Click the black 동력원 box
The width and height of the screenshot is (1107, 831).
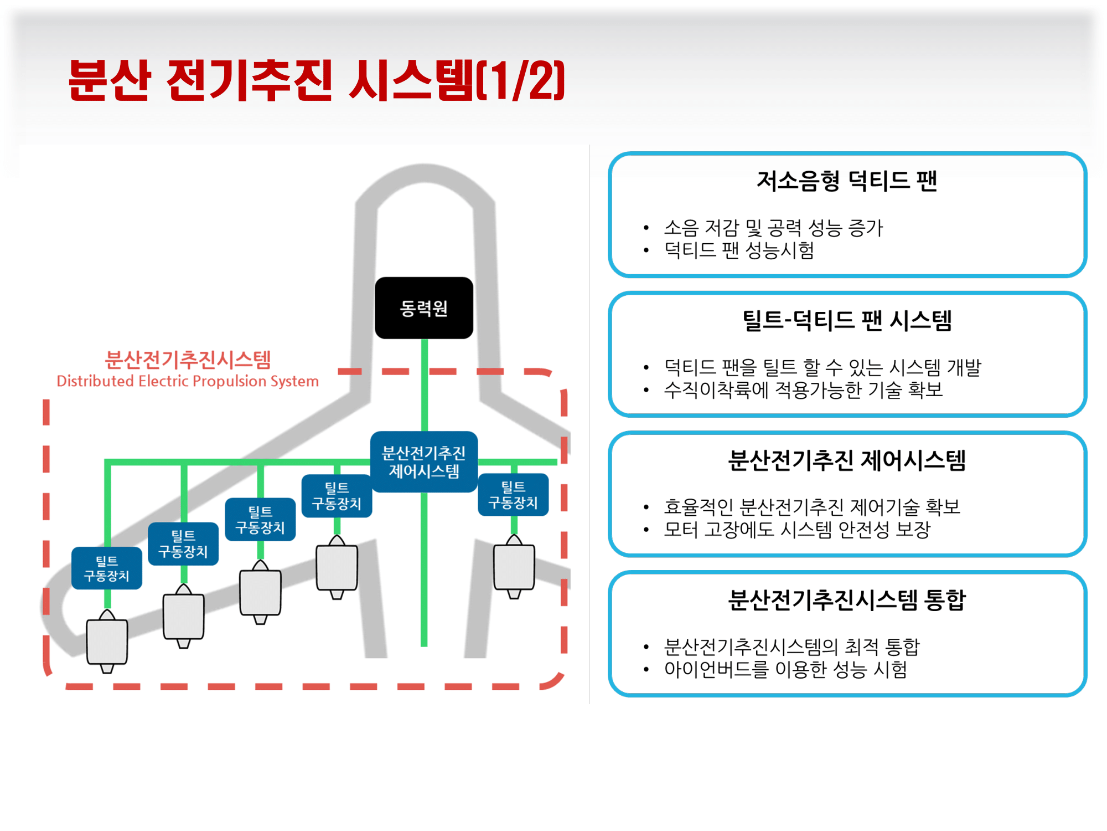(x=424, y=308)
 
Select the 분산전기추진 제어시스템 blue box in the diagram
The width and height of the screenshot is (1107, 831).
(x=424, y=462)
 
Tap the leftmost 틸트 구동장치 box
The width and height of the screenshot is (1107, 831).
(x=107, y=568)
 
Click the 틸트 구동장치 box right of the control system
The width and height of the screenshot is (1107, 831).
(x=513, y=495)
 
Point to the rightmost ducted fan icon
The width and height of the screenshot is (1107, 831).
(x=514, y=567)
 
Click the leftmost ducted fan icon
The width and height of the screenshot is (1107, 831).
(x=107, y=641)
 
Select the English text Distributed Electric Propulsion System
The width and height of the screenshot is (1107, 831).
(x=188, y=381)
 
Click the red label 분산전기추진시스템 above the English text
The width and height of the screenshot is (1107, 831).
(x=188, y=360)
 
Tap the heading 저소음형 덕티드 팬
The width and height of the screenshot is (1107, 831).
(x=847, y=181)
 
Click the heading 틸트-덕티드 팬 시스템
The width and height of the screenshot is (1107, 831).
(x=847, y=320)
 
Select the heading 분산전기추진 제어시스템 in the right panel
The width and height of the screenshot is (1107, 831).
(x=847, y=460)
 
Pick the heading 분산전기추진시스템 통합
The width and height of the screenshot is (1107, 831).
(x=847, y=599)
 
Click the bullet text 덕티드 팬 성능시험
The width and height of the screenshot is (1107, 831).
(x=739, y=250)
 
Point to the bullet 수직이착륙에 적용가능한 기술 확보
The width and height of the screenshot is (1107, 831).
(x=803, y=390)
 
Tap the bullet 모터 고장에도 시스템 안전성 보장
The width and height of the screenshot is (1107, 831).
(x=797, y=530)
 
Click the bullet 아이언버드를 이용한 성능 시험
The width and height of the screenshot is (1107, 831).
(x=785, y=669)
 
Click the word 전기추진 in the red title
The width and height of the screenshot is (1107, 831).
(x=250, y=81)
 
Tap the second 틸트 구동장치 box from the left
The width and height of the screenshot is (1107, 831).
(x=183, y=543)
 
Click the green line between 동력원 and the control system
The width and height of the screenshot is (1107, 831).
(x=425, y=385)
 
